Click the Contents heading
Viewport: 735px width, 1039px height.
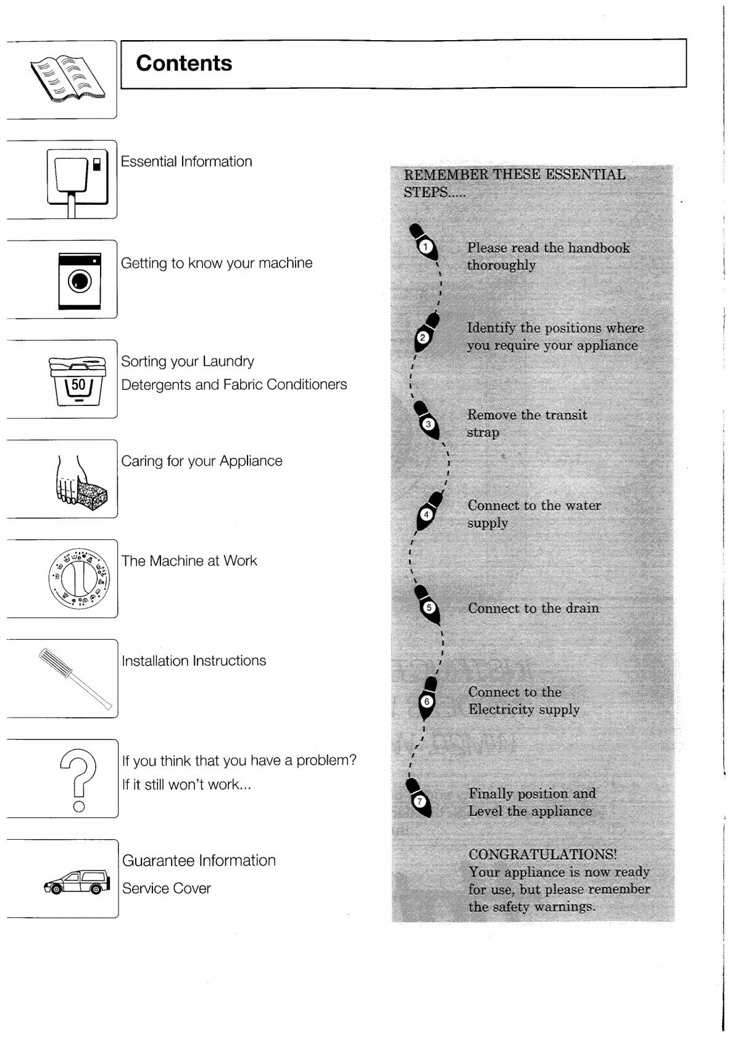184,64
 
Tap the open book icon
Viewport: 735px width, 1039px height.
67,78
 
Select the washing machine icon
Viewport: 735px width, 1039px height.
80,281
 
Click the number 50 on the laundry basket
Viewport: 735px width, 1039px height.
78,384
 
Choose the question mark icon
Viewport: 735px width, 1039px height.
78,779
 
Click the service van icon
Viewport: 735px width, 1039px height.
77,882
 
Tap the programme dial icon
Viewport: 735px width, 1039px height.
79,579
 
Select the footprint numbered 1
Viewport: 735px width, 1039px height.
424,244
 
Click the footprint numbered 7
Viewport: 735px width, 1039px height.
419,798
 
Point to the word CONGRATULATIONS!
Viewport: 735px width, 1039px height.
542,855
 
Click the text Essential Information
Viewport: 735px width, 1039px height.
186,162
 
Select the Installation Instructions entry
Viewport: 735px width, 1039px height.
194,661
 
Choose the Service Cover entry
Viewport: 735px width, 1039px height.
167,888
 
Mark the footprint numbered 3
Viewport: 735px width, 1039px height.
426,421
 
